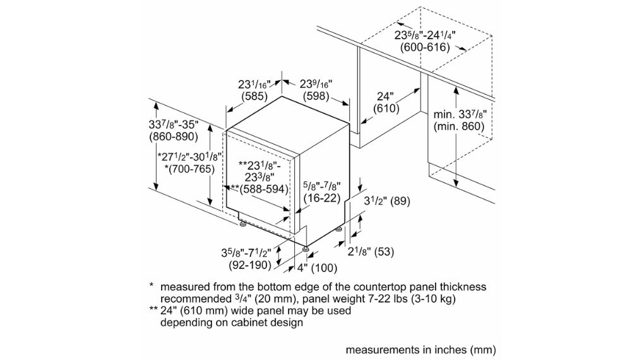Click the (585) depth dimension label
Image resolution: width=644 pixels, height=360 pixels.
coord(254,97)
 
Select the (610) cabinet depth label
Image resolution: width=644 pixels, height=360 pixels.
coord(385,109)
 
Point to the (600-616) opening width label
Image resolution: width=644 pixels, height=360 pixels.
coord(425,47)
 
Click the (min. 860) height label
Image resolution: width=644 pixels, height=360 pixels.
coord(459,126)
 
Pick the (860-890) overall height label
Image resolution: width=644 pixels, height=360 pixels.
coord(173,136)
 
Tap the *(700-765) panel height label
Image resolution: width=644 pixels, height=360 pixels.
coord(189,169)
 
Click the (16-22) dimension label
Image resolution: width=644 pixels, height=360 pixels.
coord(321,198)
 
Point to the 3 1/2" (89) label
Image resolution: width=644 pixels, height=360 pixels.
coord(388,201)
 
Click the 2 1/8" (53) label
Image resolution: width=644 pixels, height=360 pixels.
coord(371,251)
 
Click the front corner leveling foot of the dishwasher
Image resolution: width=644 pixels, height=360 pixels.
coord(306,249)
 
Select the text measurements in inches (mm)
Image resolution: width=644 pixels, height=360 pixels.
coord(420,349)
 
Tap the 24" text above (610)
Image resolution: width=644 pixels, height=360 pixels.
coord(385,96)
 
